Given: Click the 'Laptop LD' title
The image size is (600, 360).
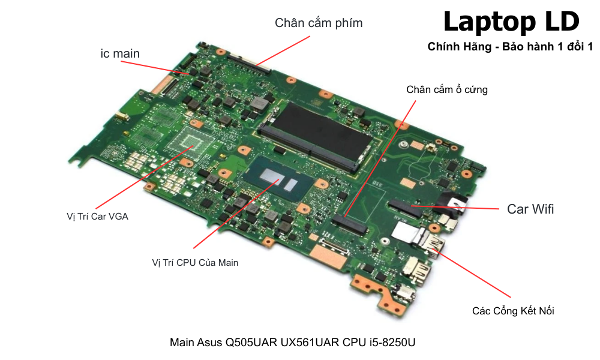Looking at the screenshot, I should point(511,22).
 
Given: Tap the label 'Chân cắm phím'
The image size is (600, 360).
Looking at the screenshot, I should point(319,23).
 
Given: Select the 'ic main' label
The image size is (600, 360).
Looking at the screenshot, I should point(120,53).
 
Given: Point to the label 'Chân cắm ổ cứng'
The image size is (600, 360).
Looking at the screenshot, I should point(447,90).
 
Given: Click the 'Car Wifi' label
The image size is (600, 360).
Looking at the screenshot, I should point(530,209).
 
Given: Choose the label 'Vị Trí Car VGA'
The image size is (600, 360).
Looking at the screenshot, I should point(97,217).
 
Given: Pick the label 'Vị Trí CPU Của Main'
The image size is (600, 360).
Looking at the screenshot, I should point(195,262).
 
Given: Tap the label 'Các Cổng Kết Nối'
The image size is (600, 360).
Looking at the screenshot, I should point(513,311).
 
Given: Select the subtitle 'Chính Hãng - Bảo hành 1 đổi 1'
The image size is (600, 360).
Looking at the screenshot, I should point(510,47).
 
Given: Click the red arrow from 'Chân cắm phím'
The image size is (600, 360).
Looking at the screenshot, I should point(282,50).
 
